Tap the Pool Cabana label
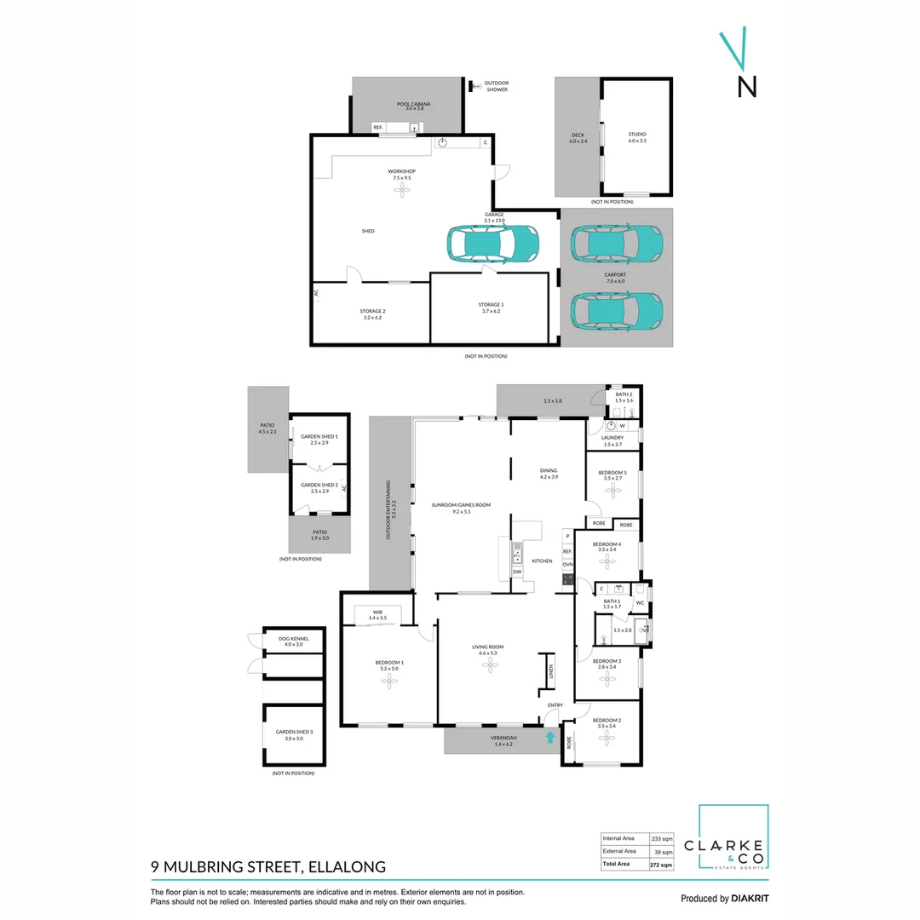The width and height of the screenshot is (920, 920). click(x=410, y=106)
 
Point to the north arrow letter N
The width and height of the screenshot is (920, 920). click(x=746, y=87)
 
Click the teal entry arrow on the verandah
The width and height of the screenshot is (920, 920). click(x=550, y=739)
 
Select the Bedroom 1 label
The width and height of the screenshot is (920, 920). click(x=390, y=664)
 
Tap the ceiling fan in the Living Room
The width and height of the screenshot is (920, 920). click(x=488, y=667)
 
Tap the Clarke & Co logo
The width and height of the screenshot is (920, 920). click(x=733, y=838)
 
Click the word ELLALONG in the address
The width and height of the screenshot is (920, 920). click(x=346, y=867)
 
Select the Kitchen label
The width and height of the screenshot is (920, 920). click(x=543, y=561)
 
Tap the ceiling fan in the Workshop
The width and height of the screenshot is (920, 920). click(x=402, y=192)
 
